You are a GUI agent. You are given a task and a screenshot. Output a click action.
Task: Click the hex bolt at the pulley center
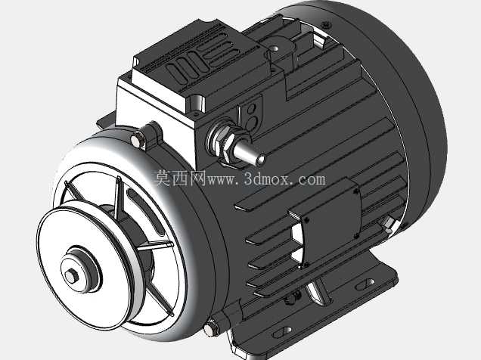(x=72, y=276)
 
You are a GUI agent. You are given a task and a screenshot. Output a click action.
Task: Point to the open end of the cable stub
(x=260, y=160)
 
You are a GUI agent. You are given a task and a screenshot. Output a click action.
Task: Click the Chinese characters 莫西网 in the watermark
(x=180, y=178)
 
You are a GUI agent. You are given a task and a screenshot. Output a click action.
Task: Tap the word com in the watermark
(x=312, y=179)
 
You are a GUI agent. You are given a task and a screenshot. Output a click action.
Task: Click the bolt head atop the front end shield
(x=138, y=140)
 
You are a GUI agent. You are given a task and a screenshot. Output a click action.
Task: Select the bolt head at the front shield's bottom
(x=211, y=328)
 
